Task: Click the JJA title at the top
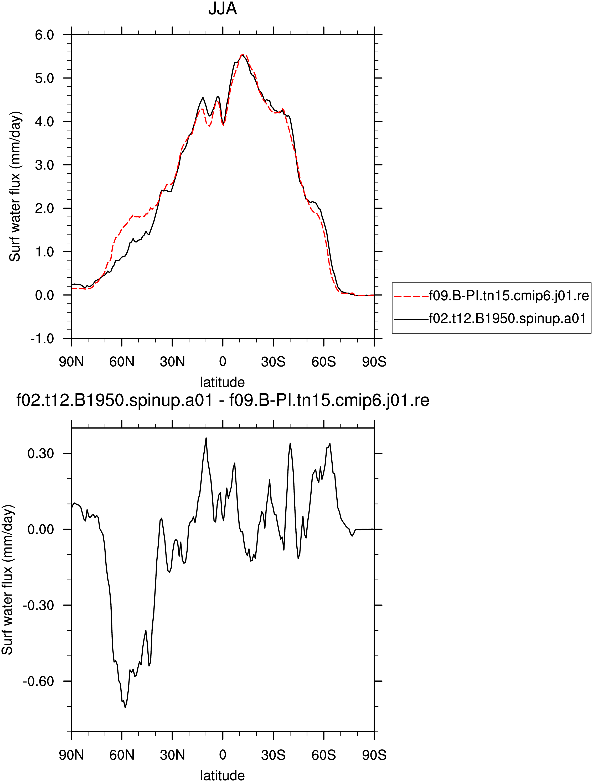(222, 8)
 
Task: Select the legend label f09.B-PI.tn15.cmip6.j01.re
(509, 296)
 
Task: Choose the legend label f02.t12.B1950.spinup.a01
(507, 319)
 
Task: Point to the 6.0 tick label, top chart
(45, 35)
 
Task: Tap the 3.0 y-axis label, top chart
(45, 165)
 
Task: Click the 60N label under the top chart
(122, 362)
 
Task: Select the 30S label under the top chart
(273, 362)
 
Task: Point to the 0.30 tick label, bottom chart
(41, 453)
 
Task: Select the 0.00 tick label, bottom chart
(41, 529)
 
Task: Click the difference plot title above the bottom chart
(223, 400)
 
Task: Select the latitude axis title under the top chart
(222, 382)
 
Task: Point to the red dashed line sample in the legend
(411, 296)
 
